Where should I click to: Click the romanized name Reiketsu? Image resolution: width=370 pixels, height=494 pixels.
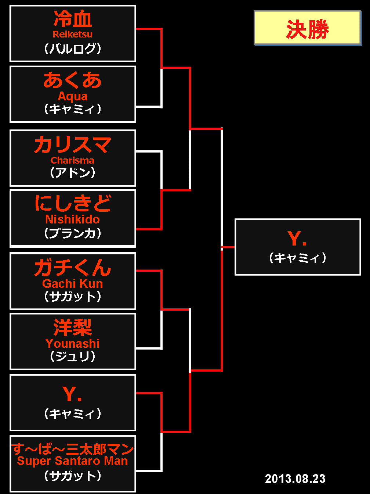pos(73,34)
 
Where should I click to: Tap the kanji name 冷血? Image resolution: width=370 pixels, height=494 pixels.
pos(73,19)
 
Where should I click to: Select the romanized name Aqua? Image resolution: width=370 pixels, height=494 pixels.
pos(73,96)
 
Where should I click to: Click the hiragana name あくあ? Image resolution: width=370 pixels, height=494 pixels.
pos(73,80)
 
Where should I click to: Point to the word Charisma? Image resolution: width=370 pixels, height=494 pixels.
pos(73,160)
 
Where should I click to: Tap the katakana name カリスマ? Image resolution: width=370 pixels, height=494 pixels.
pos(73,145)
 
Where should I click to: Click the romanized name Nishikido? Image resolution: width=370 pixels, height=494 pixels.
pos(73,219)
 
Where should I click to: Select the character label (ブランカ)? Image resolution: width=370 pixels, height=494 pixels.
pos(73,233)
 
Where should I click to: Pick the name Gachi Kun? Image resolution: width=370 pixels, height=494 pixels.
pos(73,284)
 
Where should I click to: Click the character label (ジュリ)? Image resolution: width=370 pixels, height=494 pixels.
pos(73,356)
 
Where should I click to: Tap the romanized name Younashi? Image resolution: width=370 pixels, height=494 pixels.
pos(73,343)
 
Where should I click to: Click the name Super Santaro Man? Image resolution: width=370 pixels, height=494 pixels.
pos(73,461)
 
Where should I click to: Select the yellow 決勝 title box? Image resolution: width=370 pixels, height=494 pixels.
pos(307,28)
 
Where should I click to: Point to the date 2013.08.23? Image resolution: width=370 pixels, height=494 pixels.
pos(295,479)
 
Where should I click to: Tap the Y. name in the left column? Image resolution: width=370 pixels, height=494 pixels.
pos(72,394)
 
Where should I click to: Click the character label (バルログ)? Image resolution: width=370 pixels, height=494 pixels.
pos(73,49)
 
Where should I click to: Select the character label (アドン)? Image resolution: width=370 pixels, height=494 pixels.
pos(73,172)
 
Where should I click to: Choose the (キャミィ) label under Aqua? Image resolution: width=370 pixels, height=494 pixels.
pos(73,109)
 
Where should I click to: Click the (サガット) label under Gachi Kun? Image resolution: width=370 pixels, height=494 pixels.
pos(73,296)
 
